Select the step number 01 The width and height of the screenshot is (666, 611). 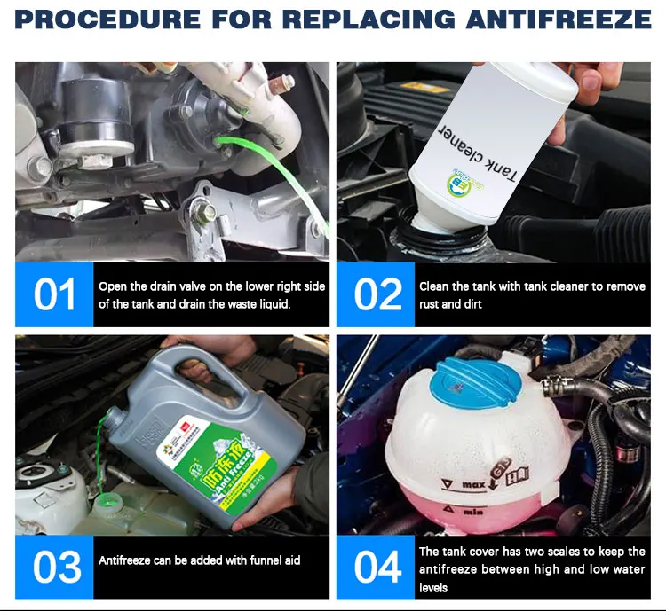tap(54, 294)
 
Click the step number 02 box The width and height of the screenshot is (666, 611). tap(377, 294)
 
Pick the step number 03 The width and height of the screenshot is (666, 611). tap(54, 568)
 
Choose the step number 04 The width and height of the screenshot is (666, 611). tap(377, 568)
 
